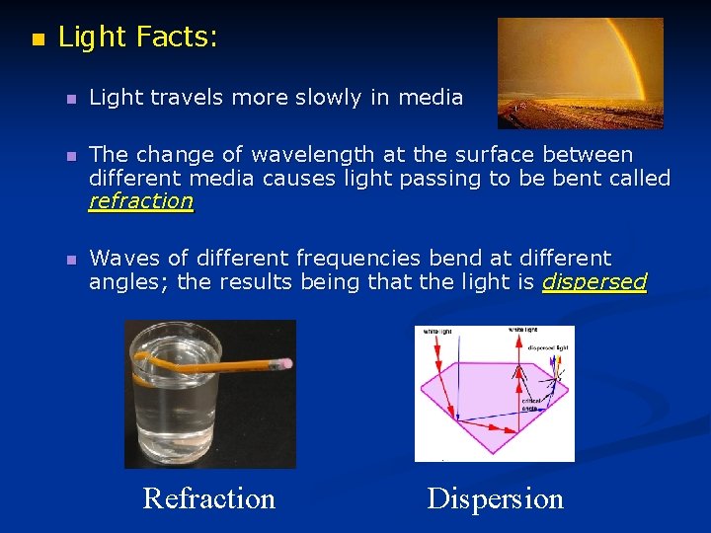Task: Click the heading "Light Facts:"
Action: pyautogui.click(x=138, y=38)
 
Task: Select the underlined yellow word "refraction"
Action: pyautogui.click(x=141, y=200)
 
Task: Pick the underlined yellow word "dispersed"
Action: pyautogui.click(x=594, y=282)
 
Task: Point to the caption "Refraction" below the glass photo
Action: pyautogui.click(x=209, y=498)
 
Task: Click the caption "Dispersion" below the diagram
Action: pyautogui.click(x=495, y=498)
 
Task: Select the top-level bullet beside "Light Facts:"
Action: pyautogui.click(x=38, y=40)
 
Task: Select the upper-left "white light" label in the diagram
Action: pyautogui.click(x=438, y=332)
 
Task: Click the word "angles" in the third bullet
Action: pyautogui.click(x=120, y=282)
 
